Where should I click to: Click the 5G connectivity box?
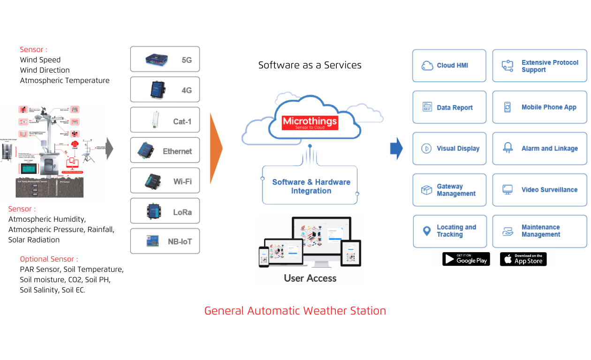pos(165,59)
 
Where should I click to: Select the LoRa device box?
pos(165,211)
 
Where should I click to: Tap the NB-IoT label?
pos(180,242)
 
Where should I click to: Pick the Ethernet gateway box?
pos(165,150)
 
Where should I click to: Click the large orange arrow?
pos(216,148)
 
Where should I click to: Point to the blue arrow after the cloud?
pos(396,149)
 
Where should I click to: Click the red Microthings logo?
pos(310,123)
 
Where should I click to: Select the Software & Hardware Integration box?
pos(311,186)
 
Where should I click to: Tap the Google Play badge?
pos(466,259)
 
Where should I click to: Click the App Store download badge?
pos(523,259)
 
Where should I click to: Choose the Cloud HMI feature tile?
pos(449,66)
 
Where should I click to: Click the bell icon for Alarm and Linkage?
pos(508,148)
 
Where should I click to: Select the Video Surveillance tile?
pos(539,190)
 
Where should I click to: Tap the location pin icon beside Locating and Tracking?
pos(426,231)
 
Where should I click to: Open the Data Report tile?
pos(449,107)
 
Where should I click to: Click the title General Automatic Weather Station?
pos(295,311)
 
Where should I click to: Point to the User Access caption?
pos(310,278)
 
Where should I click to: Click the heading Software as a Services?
pos(310,65)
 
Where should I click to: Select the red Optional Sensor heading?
pos(49,259)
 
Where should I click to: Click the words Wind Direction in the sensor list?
pos(45,70)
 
